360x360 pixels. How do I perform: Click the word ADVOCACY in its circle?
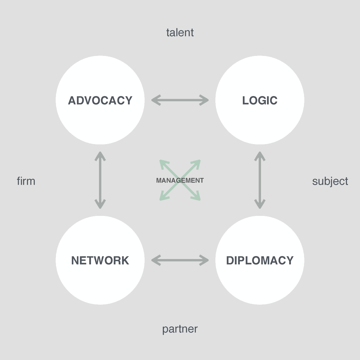tap(100, 101)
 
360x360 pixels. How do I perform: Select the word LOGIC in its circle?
tap(260, 101)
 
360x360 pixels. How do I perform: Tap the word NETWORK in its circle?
tap(100, 261)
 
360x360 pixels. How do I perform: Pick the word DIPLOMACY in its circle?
tap(260, 261)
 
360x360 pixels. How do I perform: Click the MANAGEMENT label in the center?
tap(180, 181)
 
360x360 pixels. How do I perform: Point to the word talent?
tap(180, 33)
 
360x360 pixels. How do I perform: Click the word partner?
tap(180, 329)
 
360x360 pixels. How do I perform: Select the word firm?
tap(26, 181)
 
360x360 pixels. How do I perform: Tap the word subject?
tap(330, 181)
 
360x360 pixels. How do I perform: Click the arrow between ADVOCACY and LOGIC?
tap(180, 100)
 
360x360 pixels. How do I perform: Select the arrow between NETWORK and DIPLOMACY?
tap(180, 260)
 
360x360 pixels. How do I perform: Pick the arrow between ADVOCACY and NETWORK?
tap(100, 180)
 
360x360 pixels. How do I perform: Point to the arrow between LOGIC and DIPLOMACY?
tap(260, 180)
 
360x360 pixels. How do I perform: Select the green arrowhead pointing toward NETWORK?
tap(163, 197)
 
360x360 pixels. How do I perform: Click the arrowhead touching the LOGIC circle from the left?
tap(205, 100)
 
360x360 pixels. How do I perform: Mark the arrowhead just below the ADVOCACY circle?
tap(100, 156)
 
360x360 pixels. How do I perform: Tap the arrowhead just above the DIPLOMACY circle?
tap(260, 204)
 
